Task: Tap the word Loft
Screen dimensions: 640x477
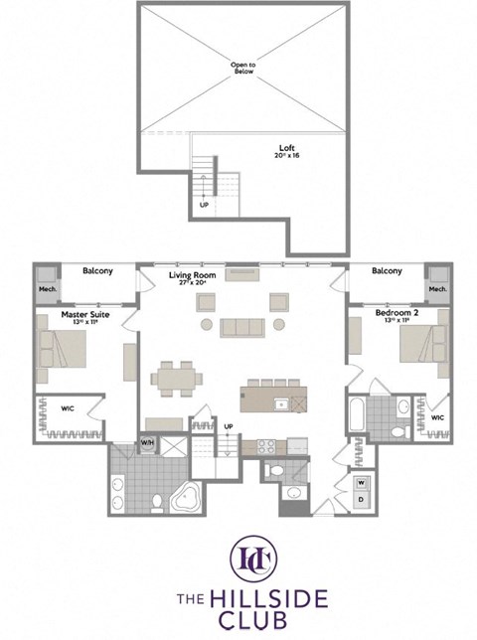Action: [x=284, y=149]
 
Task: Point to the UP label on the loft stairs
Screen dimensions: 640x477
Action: [x=204, y=205]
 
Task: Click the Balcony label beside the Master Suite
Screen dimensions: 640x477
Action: [x=97, y=270]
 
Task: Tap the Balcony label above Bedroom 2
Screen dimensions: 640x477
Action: [x=386, y=270]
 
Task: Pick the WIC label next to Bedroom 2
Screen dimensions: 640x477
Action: [x=436, y=418]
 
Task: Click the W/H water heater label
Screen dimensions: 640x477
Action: [x=147, y=442]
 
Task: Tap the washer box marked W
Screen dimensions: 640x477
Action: [x=361, y=482]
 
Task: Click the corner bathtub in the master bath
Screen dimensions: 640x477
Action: [x=186, y=498]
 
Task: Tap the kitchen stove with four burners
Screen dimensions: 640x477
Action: [x=266, y=445]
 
